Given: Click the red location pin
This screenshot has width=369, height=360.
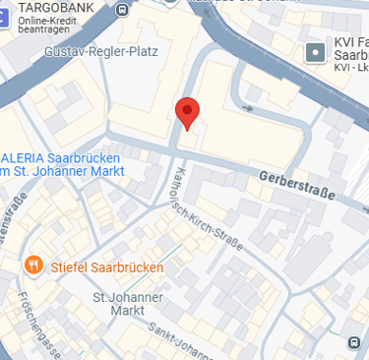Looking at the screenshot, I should coord(186,112).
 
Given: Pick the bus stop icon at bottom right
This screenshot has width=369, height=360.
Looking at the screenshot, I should coord(353,343).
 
